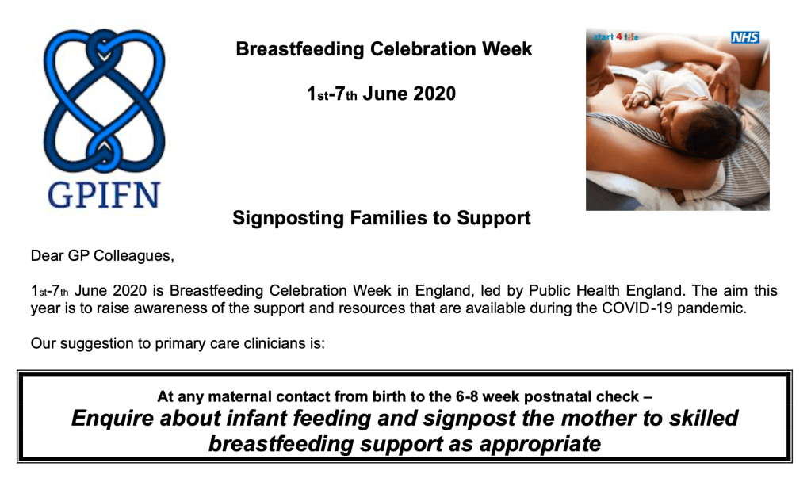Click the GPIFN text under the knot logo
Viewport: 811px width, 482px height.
pyautogui.click(x=103, y=195)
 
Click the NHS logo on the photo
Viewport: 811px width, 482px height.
pyautogui.click(x=744, y=37)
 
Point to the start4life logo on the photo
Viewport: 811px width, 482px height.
pyautogui.click(x=616, y=36)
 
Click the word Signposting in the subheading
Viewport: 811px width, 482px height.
pyautogui.click(x=288, y=218)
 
